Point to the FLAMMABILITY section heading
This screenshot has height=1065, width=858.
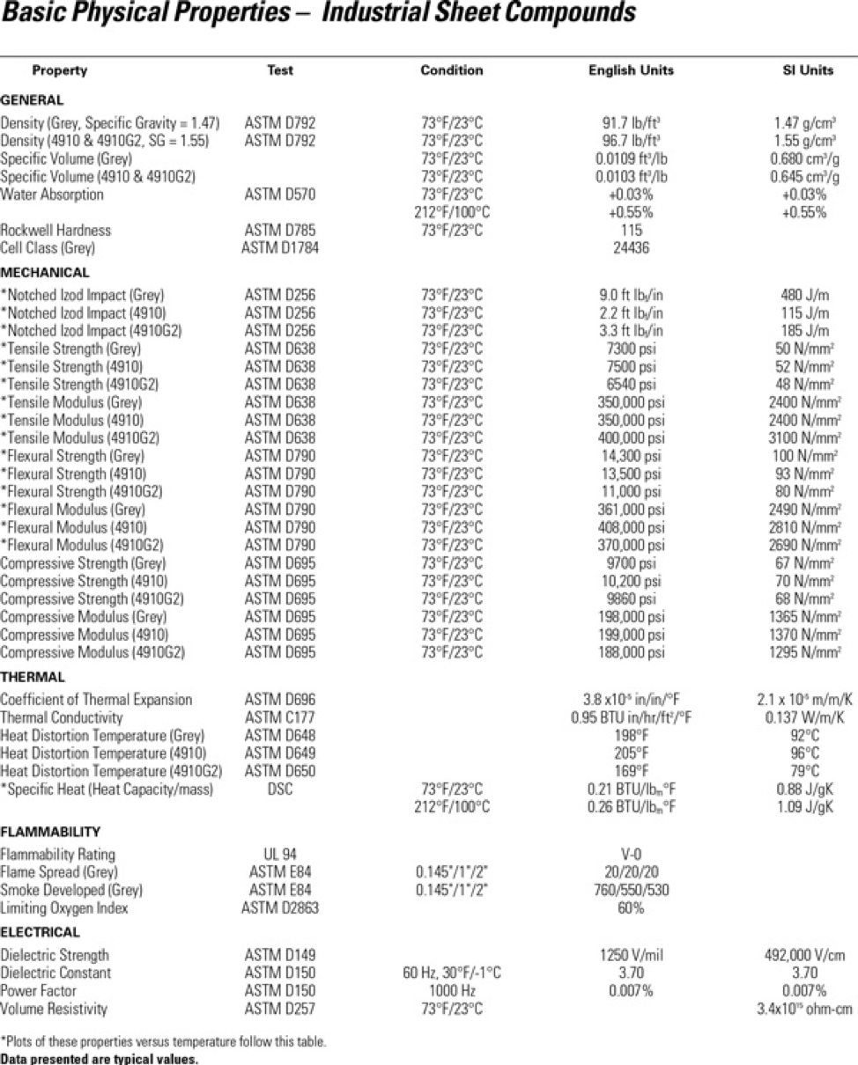[x=50, y=831]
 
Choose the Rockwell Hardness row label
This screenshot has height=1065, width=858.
[x=56, y=230]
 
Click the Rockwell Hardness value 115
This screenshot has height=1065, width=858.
[x=629, y=230]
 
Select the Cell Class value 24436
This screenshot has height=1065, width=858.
[x=629, y=248]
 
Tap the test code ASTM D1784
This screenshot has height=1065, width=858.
[x=280, y=248]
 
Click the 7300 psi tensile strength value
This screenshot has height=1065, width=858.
[x=629, y=349]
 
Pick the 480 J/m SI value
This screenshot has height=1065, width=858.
[x=807, y=294]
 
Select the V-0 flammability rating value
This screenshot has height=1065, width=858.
[x=629, y=854]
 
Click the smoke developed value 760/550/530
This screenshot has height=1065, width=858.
[x=629, y=890]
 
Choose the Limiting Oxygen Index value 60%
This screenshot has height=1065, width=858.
[x=629, y=907]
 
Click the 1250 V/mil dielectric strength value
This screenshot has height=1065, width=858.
[x=629, y=955]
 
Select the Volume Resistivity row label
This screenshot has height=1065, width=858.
[x=54, y=1009]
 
